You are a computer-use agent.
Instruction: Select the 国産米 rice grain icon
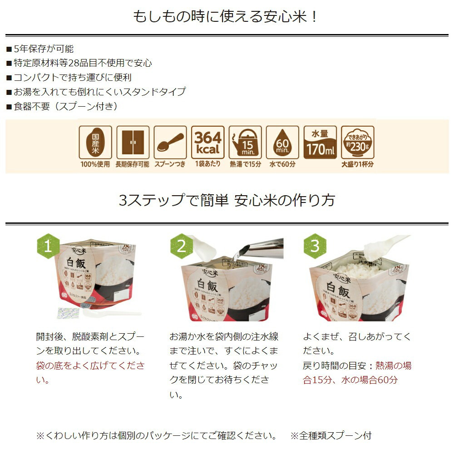coord(95,142)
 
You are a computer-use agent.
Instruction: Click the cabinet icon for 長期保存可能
coord(133,142)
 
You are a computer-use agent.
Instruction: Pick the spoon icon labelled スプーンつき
coord(170,142)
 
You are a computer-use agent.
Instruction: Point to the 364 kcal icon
coord(208,142)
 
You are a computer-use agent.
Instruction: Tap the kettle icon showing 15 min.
coord(245,142)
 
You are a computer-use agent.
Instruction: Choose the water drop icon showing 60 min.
coord(282,142)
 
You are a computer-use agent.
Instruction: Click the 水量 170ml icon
coord(320,142)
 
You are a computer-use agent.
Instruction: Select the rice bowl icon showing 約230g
coord(358,142)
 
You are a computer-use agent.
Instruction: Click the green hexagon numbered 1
coord(48,246)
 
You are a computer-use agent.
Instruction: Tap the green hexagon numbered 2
coord(182,246)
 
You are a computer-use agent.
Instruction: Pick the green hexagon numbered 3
coord(315,246)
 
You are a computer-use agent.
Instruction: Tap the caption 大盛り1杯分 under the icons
coord(358,164)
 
